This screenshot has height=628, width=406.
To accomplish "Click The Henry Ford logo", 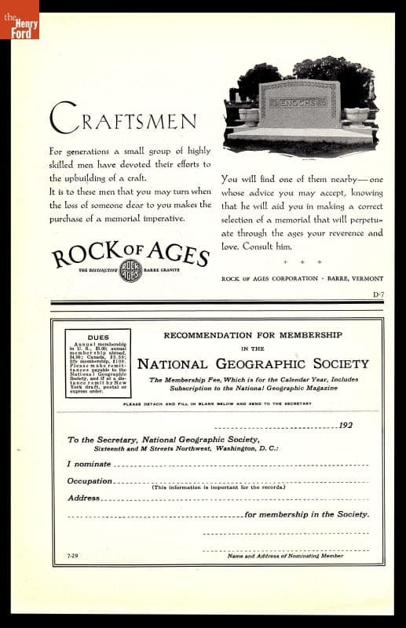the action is [20, 27].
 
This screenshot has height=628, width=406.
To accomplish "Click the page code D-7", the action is [378, 294].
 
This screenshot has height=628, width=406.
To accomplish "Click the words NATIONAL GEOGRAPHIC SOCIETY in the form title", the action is [253, 363].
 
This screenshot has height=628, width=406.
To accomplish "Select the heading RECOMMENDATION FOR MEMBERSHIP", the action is [253, 335].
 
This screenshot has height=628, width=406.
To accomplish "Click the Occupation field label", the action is [90, 480].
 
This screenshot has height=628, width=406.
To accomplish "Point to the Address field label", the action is [83, 498].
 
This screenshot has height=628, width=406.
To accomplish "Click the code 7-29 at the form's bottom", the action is [72, 557].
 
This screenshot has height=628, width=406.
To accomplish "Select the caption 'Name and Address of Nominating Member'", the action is [285, 557].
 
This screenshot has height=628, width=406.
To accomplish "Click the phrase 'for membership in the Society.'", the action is [307, 514].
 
